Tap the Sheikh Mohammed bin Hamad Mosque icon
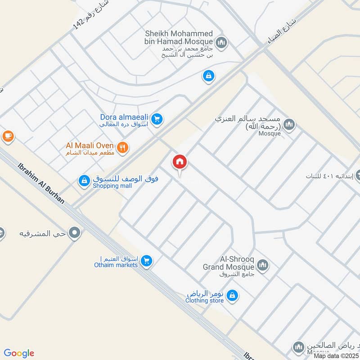220,43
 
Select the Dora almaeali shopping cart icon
156,119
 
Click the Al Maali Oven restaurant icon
122,147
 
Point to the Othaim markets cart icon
146,261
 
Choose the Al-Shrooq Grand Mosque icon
263,264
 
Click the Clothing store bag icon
232,296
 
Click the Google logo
19,353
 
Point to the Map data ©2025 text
336,356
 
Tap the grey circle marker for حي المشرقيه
76,234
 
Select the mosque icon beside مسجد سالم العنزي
289,124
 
